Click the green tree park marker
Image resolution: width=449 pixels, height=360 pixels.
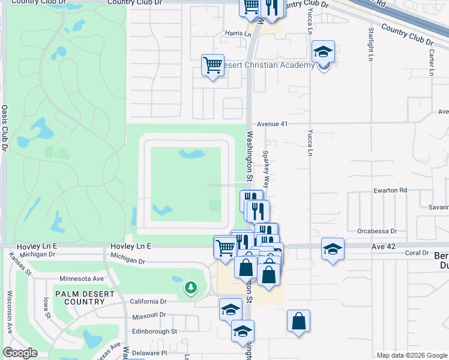[x=191, y=288]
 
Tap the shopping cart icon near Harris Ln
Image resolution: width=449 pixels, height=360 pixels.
[x=212, y=65]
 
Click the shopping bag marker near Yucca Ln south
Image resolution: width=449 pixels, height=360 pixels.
[x=298, y=321]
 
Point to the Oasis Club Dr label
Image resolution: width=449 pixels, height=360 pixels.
[x=4, y=128]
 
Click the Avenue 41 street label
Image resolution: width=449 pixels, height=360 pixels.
[x=274, y=124]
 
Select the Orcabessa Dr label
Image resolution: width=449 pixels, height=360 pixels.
[x=377, y=230]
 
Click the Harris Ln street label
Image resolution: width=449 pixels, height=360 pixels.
[x=238, y=34]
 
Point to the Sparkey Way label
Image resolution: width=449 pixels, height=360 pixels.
[x=265, y=169]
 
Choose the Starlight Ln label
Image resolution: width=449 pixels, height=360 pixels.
[x=371, y=44]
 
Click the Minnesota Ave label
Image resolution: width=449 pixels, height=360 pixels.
[x=82, y=279]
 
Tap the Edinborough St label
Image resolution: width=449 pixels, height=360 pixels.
[x=154, y=331]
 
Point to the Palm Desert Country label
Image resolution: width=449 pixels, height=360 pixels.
[x=80, y=298]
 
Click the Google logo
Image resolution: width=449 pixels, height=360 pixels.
[x=20, y=353]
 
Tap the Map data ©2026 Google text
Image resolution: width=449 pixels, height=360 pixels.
[x=412, y=355]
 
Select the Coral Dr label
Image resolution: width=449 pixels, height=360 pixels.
[x=416, y=253]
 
